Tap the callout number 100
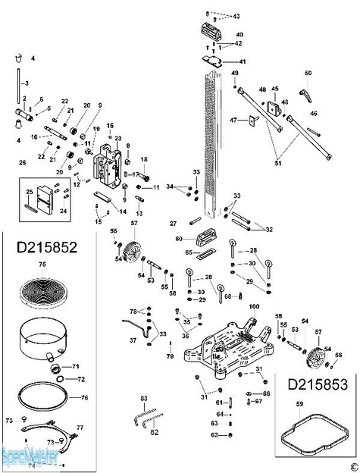tap(253, 305)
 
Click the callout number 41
tap(243, 61)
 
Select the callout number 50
tap(308, 73)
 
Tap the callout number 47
tap(234, 119)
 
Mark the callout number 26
tap(22, 162)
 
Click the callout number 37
tap(133, 341)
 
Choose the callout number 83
tap(142, 398)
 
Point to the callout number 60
tap(179, 239)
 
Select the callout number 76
tap(84, 397)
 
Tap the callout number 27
tap(173, 224)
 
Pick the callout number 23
tap(117, 139)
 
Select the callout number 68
tap(227, 296)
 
